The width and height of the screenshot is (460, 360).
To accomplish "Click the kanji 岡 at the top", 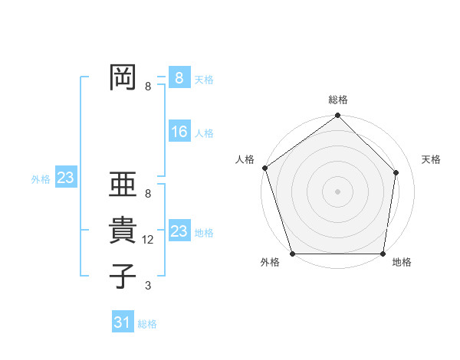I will [122, 77].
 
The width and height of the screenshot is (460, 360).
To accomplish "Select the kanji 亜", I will [122, 185].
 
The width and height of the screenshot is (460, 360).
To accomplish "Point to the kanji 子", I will [122, 276].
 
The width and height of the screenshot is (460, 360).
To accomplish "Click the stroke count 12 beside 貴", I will [149, 240].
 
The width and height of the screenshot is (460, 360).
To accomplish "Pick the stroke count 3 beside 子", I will [148, 286].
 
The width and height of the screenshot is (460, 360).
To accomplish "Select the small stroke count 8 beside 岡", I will [148, 87].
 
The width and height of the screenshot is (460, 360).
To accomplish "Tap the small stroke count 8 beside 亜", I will [148, 195].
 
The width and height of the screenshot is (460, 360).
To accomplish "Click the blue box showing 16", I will [179, 133].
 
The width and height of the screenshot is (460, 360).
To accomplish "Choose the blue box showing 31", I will [123, 322].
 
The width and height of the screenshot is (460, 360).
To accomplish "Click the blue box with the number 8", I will [179, 77].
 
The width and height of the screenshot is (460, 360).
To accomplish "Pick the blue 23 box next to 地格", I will [179, 231].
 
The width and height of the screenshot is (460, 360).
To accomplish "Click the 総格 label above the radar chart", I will [338, 100].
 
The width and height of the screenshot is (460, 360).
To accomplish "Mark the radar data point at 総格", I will [338, 116].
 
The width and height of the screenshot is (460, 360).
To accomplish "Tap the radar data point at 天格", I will [396, 172].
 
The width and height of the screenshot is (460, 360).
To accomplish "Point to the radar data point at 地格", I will [383, 254].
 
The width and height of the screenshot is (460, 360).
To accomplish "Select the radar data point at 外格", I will [293, 254].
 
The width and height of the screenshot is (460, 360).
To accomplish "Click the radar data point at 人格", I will [265, 168].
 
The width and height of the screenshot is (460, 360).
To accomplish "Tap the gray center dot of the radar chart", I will [338, 191].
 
